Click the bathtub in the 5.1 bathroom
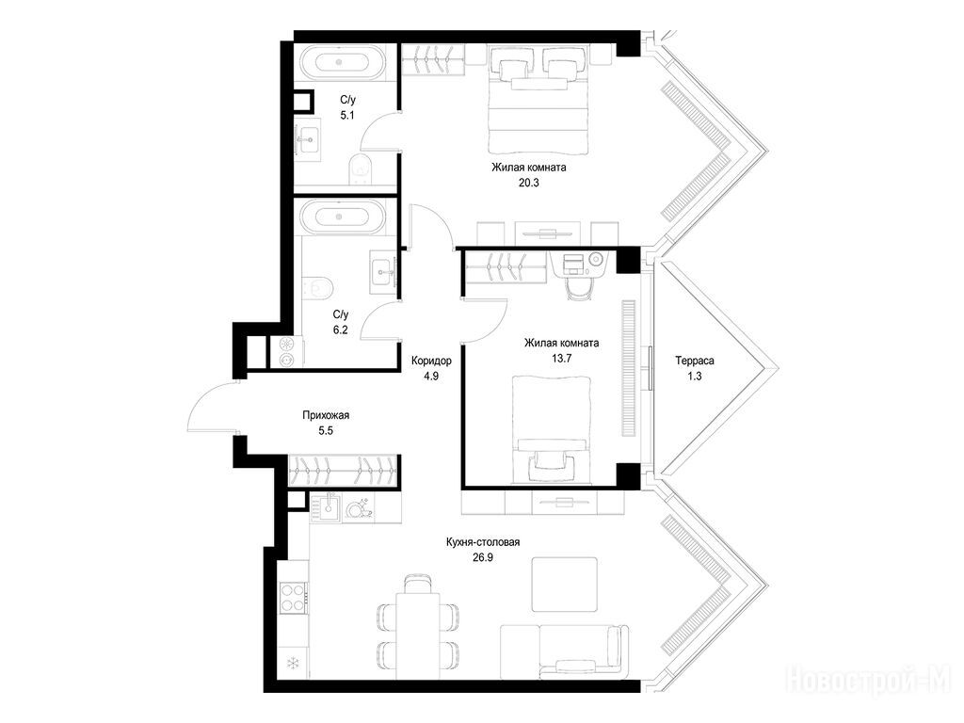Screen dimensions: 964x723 [x=343, y=63]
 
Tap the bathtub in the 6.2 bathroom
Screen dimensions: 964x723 [x=343, y=217]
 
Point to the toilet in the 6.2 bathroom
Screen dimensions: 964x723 [x=317, y=286]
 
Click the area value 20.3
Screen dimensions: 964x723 [x=529, y=183]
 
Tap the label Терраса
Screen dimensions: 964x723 [x=694, y=361]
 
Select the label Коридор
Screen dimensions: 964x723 [x=431, y=361]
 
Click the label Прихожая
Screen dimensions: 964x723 [x=326, y=415]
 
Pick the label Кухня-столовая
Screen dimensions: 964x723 [x=483, y=542]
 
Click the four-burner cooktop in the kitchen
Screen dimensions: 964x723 [x=294, y=597]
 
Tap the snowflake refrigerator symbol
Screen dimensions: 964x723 [x=294, y=664]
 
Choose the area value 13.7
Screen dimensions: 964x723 [x=561, y=359]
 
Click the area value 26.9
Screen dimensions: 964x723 [x=483, y=557]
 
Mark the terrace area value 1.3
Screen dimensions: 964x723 [x=694, y=377]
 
